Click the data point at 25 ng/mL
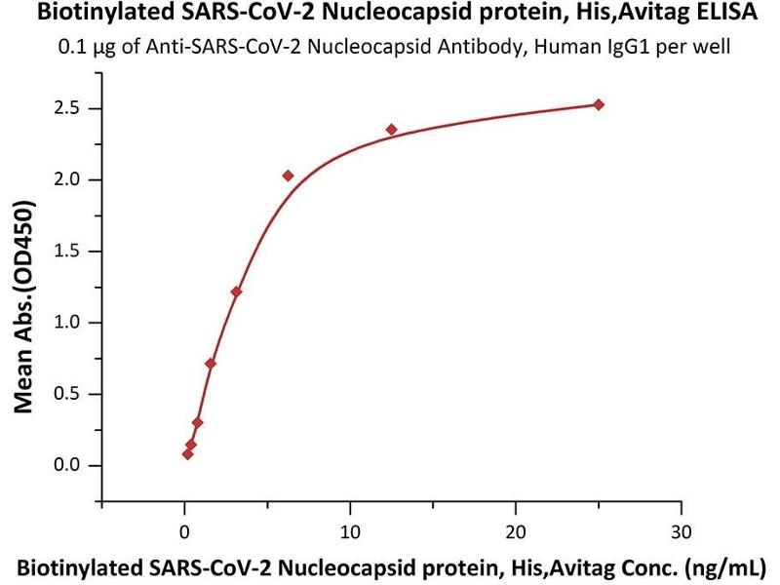[599, 105]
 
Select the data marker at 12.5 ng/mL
[392, 130]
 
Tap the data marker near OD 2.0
[289, 175]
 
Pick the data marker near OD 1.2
[236, 292]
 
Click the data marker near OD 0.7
[211, 364]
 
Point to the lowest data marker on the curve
[187, 454]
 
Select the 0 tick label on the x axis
[184, 531]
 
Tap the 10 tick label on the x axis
[350, 531]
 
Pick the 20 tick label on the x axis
[516, 531]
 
